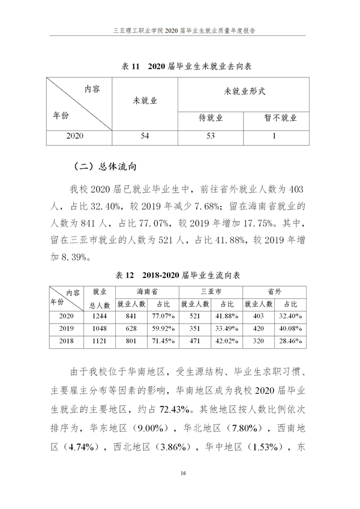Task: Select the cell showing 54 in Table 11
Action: (145, 136)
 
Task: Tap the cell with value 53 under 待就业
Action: (210, 136)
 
